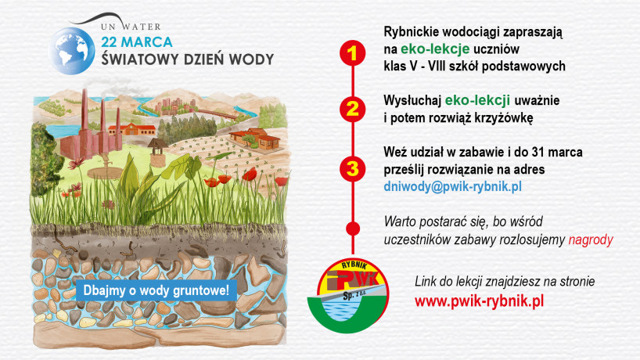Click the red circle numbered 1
[353, 53]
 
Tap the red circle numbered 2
[353, 109]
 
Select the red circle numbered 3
[353, 168]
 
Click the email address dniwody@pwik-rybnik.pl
[453, 186]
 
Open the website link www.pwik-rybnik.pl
[479, 301]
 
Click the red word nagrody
[591, 239]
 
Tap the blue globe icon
[72, 51]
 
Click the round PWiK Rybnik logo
[347, 295]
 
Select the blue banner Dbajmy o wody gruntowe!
[156, 290]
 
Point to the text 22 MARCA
[137, 42]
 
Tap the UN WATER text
[131, 27]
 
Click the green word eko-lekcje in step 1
[435, 49]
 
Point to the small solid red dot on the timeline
[353, 229]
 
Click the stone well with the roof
[157, 153]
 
